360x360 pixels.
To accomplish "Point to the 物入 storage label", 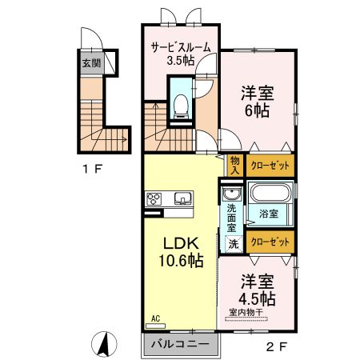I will pyautogui.click(x=235, y=165).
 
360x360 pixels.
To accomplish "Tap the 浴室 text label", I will pyautogui.click(x=268, y=214).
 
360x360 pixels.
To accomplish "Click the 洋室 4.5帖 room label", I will pyautogui.click(x=256, y=290).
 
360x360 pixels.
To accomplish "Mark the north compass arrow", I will pyautogui.click(x=103, y=345).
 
